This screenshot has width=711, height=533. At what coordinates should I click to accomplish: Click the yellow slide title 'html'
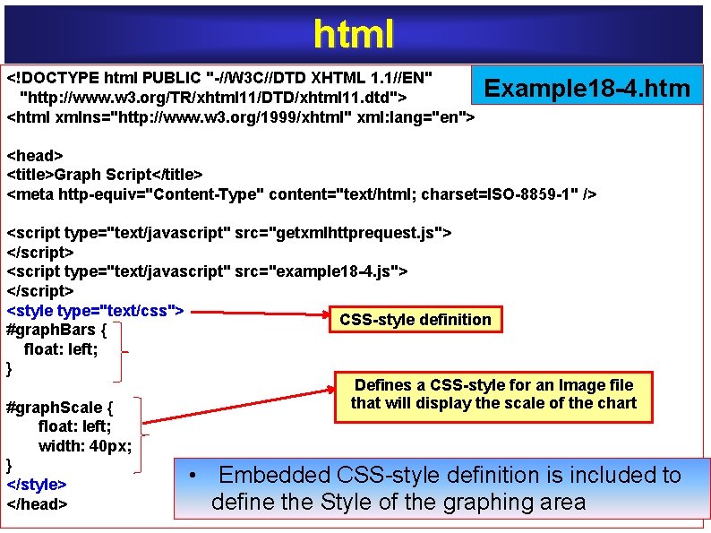pos(354,33)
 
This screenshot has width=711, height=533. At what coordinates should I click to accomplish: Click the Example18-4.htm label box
pos(587,88)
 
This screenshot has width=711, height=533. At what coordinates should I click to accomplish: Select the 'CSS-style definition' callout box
pos(415,320)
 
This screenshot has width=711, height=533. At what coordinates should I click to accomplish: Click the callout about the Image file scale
pos(493,394)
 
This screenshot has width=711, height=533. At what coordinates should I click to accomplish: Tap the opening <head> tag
pos(35,156)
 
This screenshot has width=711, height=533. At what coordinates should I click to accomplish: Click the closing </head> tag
pos(37,503)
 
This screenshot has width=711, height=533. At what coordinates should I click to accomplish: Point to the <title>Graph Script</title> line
pos(105,175)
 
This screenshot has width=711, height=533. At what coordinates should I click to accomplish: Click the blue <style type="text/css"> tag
pos(95,311)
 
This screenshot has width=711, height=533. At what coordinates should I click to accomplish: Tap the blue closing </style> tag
pos(37,485)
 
